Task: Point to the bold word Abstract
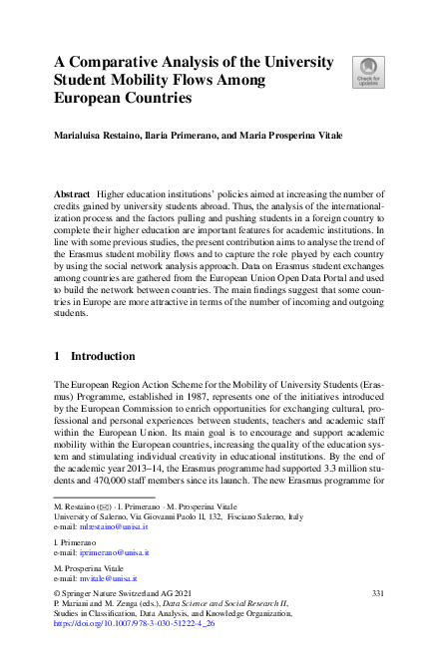point(71,189)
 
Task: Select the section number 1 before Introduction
point(58,356)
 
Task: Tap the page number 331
point(377,592)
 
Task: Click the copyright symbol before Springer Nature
point(57,592)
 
